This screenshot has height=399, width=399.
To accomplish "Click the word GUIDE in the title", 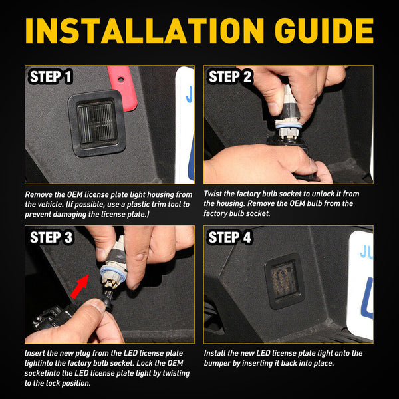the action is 325,31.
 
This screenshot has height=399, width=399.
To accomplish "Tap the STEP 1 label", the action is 51,77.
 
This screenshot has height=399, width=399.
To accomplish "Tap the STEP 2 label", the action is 230,77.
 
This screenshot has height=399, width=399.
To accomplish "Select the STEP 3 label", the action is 51,237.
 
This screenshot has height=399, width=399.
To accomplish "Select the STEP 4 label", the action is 230,237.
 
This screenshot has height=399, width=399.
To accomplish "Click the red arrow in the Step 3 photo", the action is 80,286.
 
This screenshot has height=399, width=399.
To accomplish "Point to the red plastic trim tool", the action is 122,88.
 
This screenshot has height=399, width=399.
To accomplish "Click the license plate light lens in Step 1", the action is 97,124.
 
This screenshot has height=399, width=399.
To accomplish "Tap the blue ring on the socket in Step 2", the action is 289,125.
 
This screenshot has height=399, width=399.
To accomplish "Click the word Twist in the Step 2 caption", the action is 213,194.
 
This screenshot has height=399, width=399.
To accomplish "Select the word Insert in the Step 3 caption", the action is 35,353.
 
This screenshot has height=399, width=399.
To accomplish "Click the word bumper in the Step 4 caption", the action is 217,363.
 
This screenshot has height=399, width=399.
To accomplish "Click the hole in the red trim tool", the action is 121,79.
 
